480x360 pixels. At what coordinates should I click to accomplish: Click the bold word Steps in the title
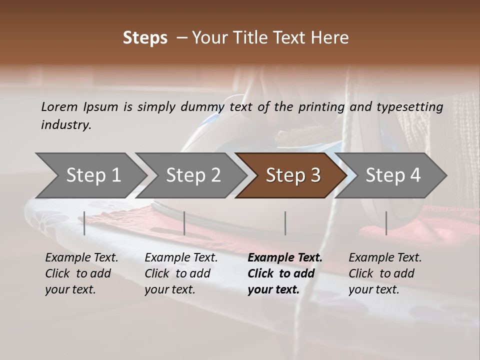(145, 38)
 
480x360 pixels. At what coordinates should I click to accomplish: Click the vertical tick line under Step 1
(84, 223)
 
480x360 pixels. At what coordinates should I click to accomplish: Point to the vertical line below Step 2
(184, 223)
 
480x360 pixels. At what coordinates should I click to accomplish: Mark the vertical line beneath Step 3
(285, 223)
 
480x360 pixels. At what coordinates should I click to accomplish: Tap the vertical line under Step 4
(386, 223)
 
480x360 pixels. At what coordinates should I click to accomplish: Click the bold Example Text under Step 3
(285, 257)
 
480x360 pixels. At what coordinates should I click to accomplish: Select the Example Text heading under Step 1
(81, 257)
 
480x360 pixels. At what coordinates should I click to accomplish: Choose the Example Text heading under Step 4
(385, 257)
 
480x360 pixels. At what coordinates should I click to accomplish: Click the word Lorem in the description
(59, 106)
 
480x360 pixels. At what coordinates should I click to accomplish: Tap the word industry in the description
(65, 124)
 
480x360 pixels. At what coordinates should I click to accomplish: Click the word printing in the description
(321, 107)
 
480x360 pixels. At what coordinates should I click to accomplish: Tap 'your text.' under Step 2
(169, 289)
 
